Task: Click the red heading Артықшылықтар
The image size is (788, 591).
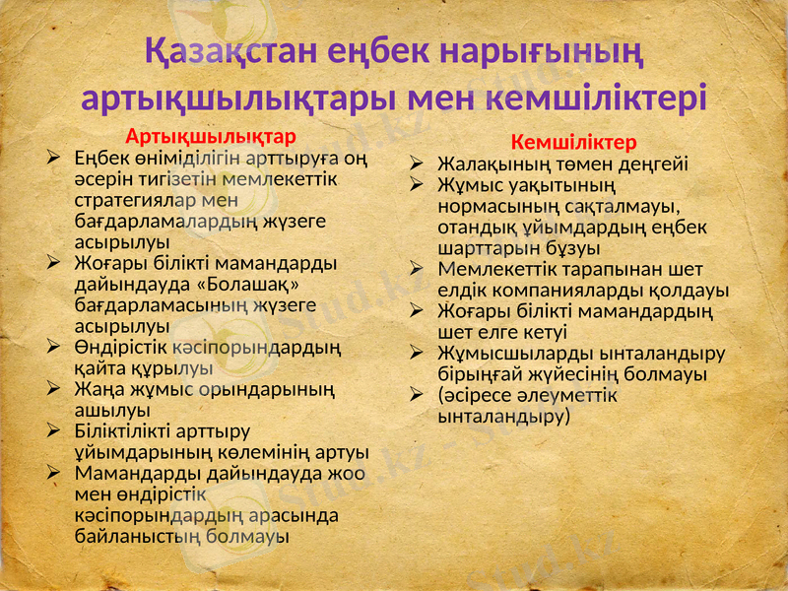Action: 211,135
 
